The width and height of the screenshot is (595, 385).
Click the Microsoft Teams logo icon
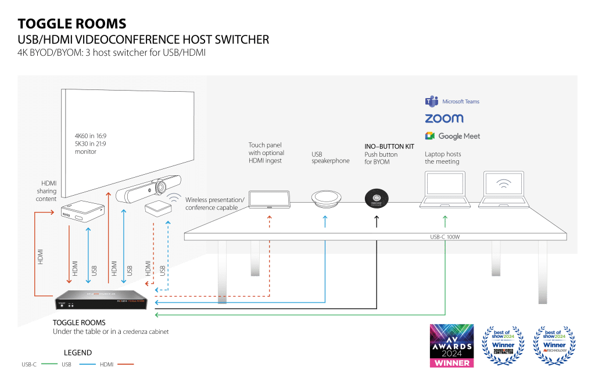click(x=431, y=102)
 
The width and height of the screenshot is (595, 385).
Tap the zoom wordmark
click(x=444, y=118)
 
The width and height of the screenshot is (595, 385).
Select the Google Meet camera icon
click(x=430, y=136)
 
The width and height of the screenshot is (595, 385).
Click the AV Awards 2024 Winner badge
click(x=451, y=346)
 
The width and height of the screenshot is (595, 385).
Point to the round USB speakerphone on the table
click(x=328, y=197)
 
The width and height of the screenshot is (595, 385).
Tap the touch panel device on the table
click(x=269, y=199)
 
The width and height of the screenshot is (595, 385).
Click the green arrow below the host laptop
click(x=445, y=221)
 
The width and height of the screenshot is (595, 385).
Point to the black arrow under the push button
click(x=376, y=221)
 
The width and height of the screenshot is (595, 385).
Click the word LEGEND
click(x=77, y=352)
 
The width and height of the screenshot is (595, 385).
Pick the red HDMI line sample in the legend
click(x=125, y=365)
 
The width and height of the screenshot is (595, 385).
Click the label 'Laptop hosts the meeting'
click(x=442, y=158)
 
